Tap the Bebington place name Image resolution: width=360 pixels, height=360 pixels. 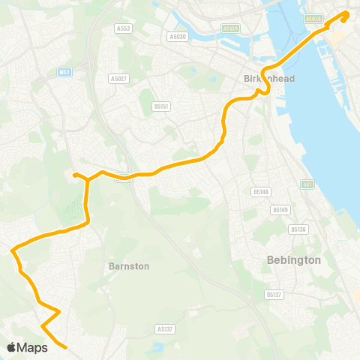tap(294, 260)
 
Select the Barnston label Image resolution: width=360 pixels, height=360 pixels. tap(129, 266)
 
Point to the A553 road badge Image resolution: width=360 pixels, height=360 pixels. tap(124, 28)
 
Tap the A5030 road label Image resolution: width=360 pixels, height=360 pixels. tap(177, 36)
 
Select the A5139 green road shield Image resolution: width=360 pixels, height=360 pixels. tap(229, 28)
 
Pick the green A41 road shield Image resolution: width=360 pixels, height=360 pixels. tap(307, 184)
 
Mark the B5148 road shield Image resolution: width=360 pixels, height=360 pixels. tap(260, 192)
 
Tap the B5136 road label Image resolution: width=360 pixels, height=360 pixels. tap(298, 229)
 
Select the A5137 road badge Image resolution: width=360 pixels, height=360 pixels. tap(165, 328)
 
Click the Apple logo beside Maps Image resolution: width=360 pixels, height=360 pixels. tap(12, 347)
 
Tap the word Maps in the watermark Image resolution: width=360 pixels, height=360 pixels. tap(32, 348)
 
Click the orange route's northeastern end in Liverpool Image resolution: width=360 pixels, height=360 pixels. tap(346, 14)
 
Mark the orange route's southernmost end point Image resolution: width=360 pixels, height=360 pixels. tap(67, 347)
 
